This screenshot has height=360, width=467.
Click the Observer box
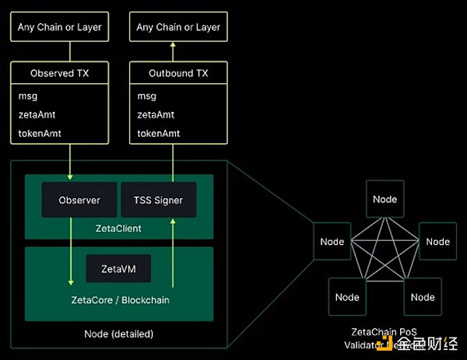click(x=79, y=200)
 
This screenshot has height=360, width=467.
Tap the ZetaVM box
click(x=118, y=269)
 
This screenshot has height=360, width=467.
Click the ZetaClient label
click(x=118, y=228)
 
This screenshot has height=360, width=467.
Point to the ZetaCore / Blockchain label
click(x=118, y=299)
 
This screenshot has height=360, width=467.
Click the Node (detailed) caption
click(x=118, y=334)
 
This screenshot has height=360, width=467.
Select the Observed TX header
click(x=59, y=74)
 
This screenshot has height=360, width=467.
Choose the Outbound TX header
click(x=178, y=74)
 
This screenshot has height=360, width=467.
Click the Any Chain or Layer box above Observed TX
click(x=59, y=27)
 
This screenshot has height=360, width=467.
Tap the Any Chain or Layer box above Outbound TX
click(x=178, y=27)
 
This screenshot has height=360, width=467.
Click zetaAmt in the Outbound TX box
click(x=156, y=114)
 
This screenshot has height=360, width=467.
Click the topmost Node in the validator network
click(x=384, y=200)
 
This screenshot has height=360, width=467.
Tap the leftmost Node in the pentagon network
click(x=332, y=242)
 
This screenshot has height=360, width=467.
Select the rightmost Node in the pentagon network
click(x=437, y=242)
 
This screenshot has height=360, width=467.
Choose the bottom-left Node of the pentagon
click(x=347, y=297)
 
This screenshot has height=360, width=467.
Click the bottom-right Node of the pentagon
click(x=423, y=297)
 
